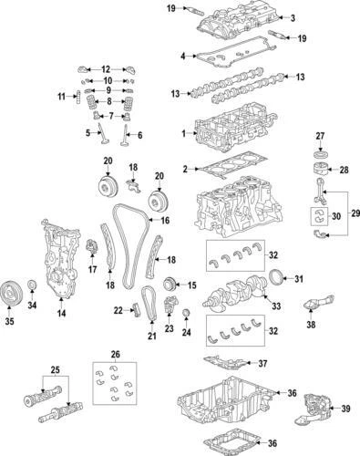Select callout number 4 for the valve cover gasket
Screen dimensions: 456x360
pyautogui.click(x=183, y=57)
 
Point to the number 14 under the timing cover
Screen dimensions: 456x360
pyautogui.click(x=61, y=315)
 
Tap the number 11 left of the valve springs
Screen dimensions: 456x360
pyautogui.click(x=61, y=97)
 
